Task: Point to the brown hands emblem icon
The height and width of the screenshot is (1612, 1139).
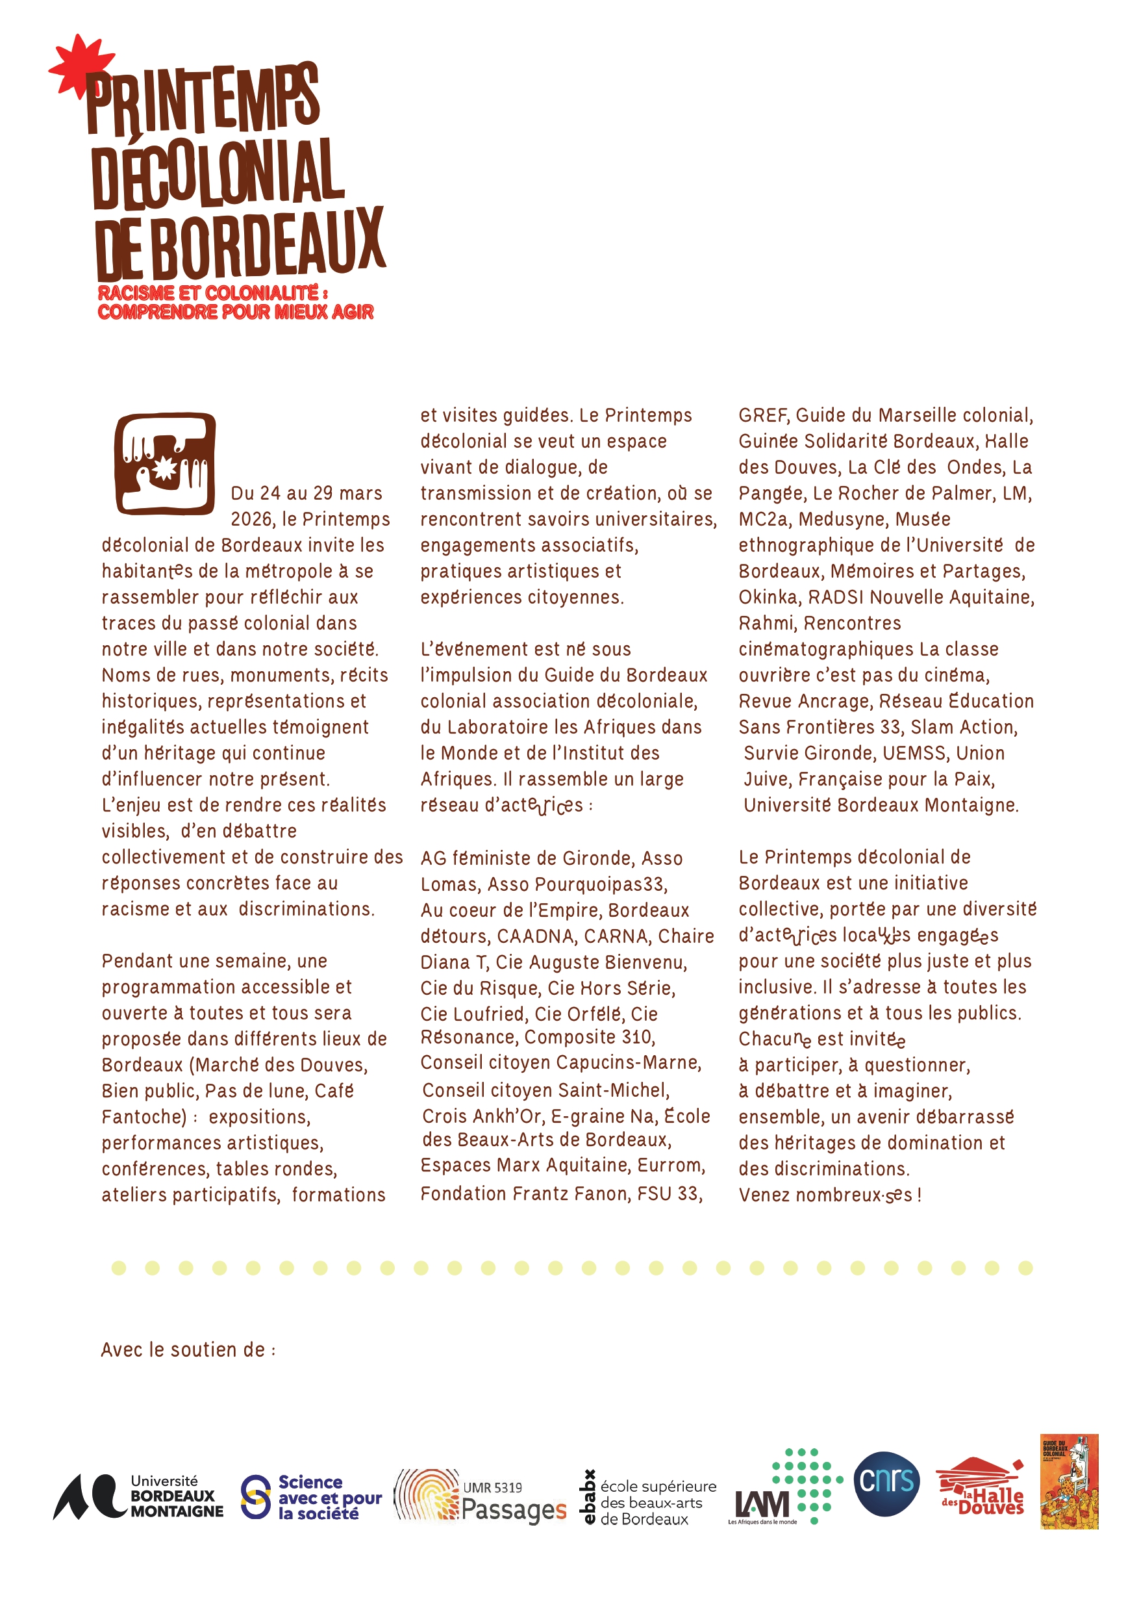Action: pyautogui.click(x=166, y=463)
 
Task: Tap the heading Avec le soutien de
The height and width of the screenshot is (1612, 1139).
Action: pyautogui.click(x=188, y=1350)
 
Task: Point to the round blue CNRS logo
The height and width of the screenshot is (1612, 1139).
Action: pyautogui.click(x=886, y=1483)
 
